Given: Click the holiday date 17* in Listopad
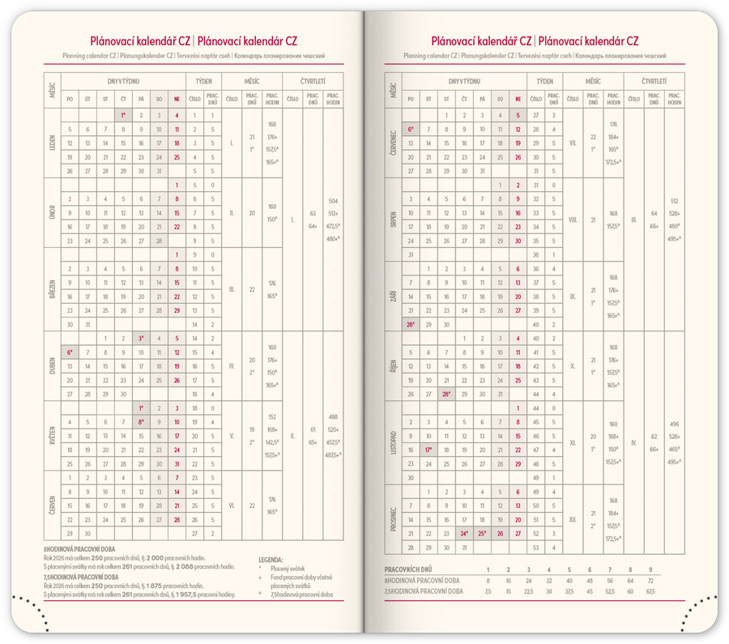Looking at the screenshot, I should click(428, 450).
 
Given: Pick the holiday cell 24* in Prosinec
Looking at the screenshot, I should click(464, 533).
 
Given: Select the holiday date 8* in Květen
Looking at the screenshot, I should click(141, 422).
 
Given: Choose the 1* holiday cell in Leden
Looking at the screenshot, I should click(123, 116).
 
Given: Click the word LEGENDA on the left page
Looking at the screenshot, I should click(271, 560).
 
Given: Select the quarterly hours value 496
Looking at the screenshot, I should click(674, 424).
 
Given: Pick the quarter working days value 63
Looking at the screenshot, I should click(313, 213).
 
